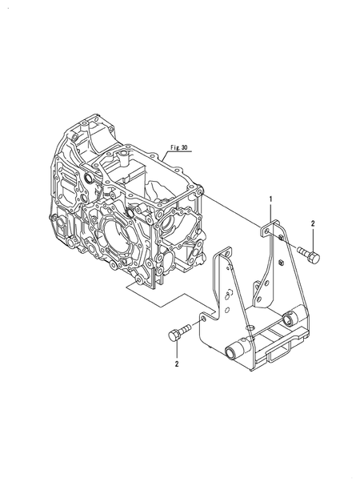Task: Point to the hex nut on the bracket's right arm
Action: tap(282, 262)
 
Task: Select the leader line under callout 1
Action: tap(270, 212)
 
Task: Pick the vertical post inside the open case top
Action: tap(127, 171)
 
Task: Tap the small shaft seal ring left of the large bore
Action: tap(87, 178)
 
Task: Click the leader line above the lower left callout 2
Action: tap(176, 349)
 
